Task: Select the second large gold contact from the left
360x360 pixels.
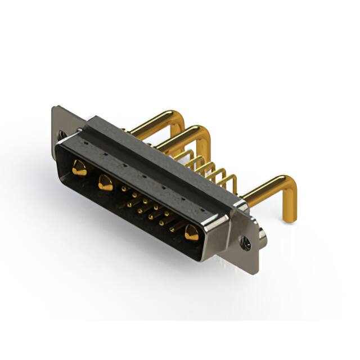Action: coord(105,183)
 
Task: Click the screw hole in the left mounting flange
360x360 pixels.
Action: coord(61,135)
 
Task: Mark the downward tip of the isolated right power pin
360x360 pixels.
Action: coord(288,217)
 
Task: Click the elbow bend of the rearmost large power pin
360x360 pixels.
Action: coord(179,118)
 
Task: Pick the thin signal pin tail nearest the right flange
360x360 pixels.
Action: coord(231,181)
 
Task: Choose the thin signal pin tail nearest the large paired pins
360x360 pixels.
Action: coord(188,155)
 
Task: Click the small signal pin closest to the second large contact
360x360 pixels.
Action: coord(123,190)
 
